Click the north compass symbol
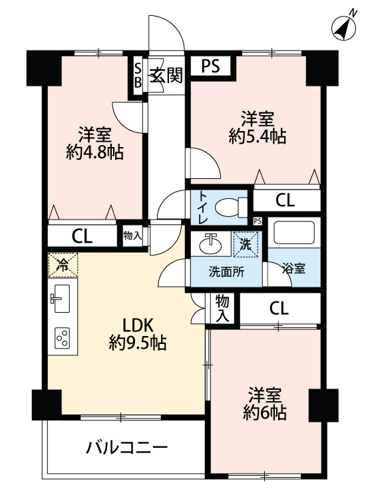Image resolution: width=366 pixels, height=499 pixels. pyautogui.click(x=344, y=27)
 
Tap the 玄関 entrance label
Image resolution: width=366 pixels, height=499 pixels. pyautogui.click(x=166, y=76)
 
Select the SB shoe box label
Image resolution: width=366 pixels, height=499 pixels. pyautogui.click(x=138, y=75)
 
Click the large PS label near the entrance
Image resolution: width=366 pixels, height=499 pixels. pyautogui.click(x=211, y=66)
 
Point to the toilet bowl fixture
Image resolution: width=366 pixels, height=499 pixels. pyautogui.click(x=231, y=207)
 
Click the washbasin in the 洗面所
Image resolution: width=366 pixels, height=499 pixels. pyautogui.click(x=210, y=244)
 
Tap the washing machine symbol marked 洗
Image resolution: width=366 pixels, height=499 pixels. pyautogui.click(x=246, y=244)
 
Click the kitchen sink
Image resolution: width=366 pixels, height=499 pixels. pyautogui.click(x=60, y=298)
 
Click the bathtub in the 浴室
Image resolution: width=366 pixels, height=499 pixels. pyautogui.click(x=294, y=233)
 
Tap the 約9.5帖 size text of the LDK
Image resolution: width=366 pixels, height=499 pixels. pyautogui.click(x=138, y=343)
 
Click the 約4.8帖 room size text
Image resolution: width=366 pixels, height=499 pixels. pyautogui.click(x=95, y=152)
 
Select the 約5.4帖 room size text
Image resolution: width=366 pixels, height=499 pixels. pyautogui.click(x=257, y=136)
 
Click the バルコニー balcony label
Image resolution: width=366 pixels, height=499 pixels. pyautogui.click(x=126, y=448)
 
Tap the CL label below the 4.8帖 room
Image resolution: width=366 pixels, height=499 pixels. pyautogui.click(x=82, y=236)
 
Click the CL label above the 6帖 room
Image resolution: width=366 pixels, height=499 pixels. pyautogui.click(x=279, y=308)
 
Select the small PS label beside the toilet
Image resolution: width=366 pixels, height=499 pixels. pyautogui.click(x=258, y=221)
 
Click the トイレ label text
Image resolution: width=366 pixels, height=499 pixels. pyautogui.click(x=203, y=208)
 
